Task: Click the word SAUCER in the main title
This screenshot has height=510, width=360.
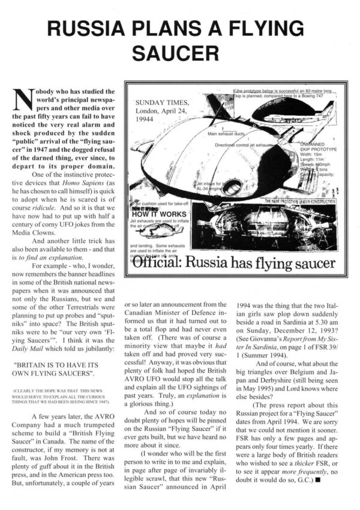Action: (x=179, y=52)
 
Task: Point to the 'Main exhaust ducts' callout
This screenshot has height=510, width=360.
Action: (x=225, y=134)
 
